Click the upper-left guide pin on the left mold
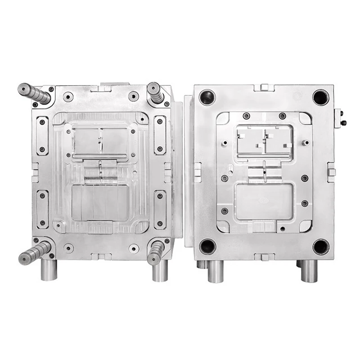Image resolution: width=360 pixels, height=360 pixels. click(34, 92)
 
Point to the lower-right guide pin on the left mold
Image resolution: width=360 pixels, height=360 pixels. click(156, 252)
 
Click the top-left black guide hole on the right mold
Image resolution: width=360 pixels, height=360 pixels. click(207, 97)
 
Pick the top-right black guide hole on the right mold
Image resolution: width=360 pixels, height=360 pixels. click(321, 97)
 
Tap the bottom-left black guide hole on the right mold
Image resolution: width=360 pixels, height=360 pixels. click(207, 246)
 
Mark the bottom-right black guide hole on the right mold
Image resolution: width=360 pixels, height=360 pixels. click(321, 246)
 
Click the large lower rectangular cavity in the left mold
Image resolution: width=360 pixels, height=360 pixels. click(99, 202)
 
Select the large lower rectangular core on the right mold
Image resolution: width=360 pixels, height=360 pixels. click(264, 201)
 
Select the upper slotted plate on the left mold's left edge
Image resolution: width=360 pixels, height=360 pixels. click(42, 135)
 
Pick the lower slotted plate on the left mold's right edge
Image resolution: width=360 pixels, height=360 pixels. click(160, 209)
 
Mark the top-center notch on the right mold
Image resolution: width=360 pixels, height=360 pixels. click(264, 87)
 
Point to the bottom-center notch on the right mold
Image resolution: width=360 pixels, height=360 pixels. click(264, 257)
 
